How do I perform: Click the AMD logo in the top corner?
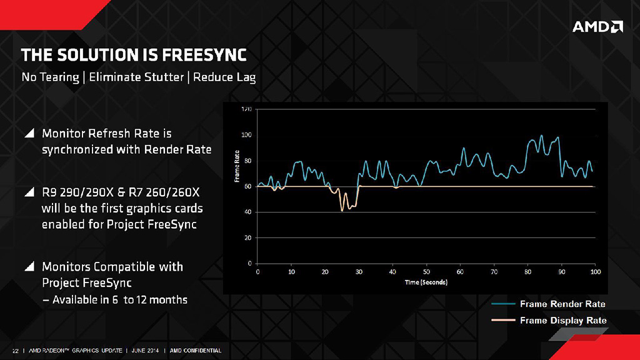(x=597, y=26)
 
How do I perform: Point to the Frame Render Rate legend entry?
(x=562, y=304)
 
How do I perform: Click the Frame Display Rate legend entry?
(x=562, y=321)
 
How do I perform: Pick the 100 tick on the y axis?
(x=246, y=135)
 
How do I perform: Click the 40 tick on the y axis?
(x=247, y=212)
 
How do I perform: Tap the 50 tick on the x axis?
(x=426, y=272)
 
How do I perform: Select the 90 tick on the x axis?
(x=561, y=272)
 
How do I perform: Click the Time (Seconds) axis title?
(x=426, y=282)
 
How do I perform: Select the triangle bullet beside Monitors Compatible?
(x=29, y=267)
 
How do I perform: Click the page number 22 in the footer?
(x=16, y=350)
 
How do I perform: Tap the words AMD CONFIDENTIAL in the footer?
(x=196, y=350)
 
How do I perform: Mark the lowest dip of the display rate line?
(x=342, y=211)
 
